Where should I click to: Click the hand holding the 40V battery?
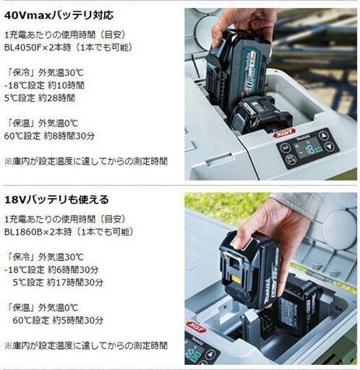coord(243,22)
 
